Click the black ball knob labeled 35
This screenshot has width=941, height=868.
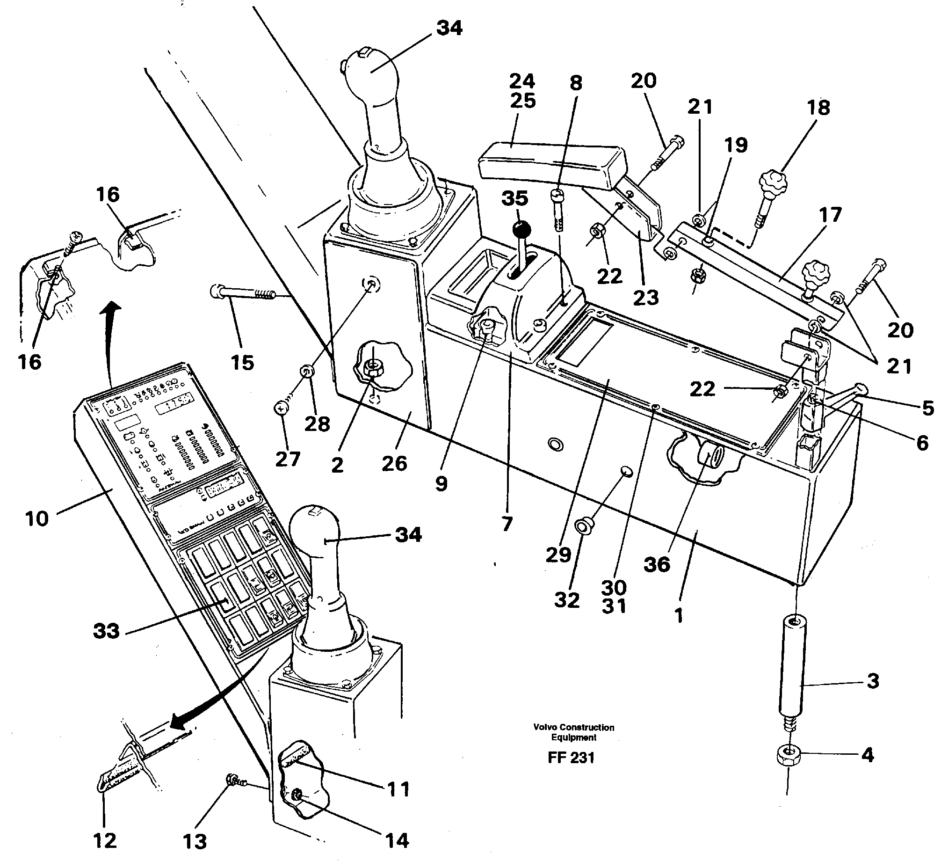point(521,230)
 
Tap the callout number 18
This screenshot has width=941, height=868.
point(818,108)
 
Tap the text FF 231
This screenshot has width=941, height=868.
point(571,758)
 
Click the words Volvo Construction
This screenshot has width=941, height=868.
point(573,727)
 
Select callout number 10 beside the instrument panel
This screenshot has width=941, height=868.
point(37,519)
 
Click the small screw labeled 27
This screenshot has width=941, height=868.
point(281,409)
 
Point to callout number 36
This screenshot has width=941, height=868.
point(656,564)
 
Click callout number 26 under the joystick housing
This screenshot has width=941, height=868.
point(394,464)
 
